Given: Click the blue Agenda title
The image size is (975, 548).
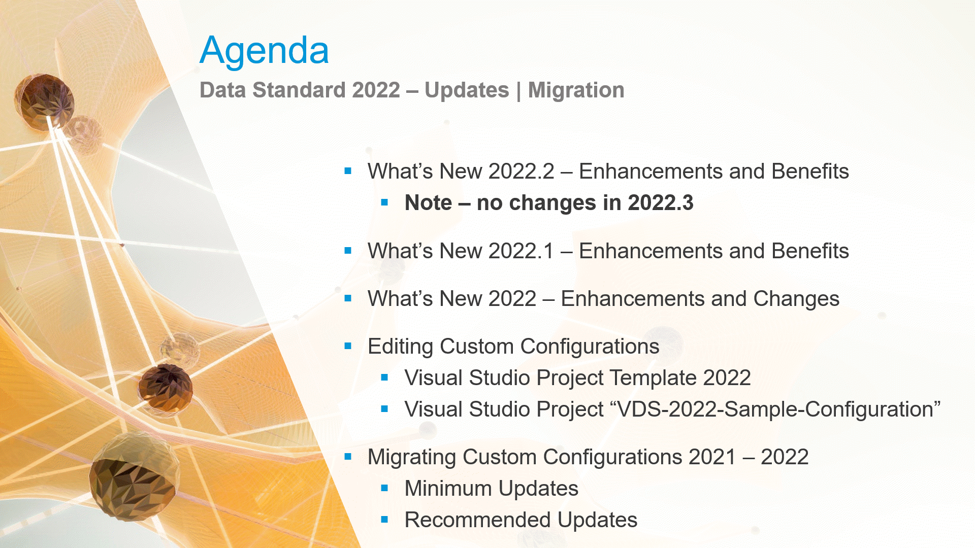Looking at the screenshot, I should point(264,51).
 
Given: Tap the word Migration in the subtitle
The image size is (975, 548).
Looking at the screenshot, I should point(576,90).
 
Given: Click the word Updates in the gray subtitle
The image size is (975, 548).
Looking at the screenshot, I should point(466,90).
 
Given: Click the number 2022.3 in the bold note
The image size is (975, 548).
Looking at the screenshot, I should point(660,203).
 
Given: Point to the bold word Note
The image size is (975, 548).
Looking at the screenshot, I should point(428,203).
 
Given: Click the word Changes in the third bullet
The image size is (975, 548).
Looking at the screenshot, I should point(796,299).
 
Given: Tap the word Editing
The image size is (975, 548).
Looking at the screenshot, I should point(400,347).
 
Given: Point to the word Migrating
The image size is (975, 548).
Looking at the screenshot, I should point(411,457).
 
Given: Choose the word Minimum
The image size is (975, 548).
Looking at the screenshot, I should point(448,489).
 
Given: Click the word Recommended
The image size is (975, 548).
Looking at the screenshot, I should point(477,520).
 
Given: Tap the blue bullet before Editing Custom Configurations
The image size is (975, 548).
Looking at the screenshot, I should point(348,347).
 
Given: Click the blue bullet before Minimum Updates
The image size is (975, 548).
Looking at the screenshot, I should point(384,489).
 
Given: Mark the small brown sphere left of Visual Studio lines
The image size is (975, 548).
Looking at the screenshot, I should point(166,388).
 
